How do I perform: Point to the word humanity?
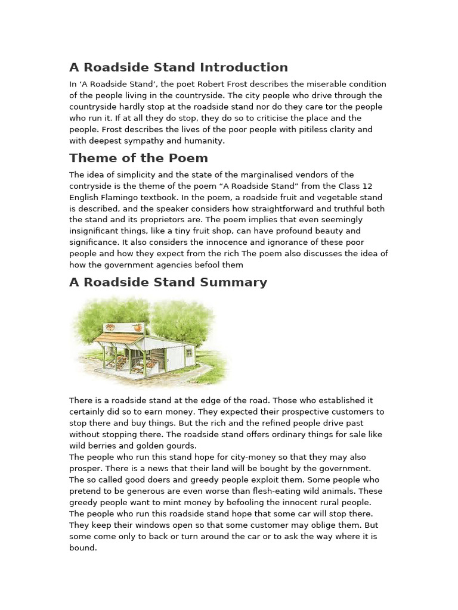[203, 141]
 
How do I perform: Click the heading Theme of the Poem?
[138, 158]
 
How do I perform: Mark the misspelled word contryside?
[90, 186]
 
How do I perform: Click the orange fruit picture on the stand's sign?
[138, 328]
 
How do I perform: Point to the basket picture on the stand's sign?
[110, 327]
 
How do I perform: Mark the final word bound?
[82, 547]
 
